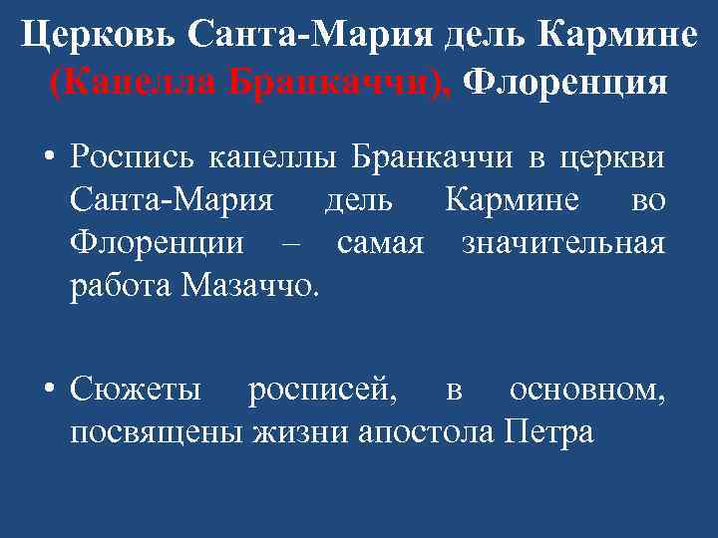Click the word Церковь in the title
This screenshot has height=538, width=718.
coord(96,36)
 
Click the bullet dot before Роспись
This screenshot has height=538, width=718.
coord(47,158)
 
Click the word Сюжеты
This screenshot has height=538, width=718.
coord(137,390)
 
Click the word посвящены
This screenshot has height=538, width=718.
coord(161,433)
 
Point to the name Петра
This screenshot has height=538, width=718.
coord(549,433)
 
